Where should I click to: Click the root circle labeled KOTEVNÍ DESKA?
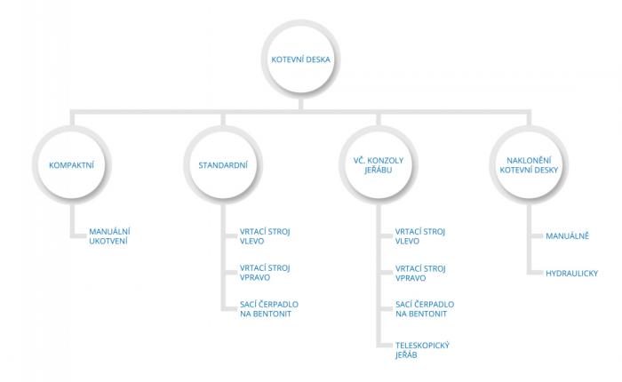coord(300,60)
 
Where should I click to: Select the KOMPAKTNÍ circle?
coord(71,165)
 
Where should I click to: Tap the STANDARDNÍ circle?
coord(223,165)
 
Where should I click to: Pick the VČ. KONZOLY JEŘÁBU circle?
coord(378,165)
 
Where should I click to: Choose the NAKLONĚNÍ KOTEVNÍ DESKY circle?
coord(529,165)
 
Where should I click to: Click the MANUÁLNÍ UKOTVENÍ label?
coord(109,236)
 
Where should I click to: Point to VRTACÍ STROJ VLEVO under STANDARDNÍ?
coord(265,236)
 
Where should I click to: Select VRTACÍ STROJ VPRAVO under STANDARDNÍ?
coord(265,273)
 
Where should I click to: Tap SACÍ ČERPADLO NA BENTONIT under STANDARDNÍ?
coord(269,309)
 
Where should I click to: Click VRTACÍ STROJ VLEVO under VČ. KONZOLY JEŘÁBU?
coord(420,236)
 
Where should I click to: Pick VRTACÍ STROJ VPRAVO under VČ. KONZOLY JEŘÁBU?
coord(420,273)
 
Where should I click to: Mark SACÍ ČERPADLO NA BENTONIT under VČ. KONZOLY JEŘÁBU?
coord(425,309)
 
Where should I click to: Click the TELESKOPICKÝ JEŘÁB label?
coord(422,350)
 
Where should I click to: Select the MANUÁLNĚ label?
coord(567,236)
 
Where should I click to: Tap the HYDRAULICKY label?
coord(571,274)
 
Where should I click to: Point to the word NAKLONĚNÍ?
coord(529,160)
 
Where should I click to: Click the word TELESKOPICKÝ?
coord(422,345)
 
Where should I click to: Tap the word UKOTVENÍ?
coord(108,241)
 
